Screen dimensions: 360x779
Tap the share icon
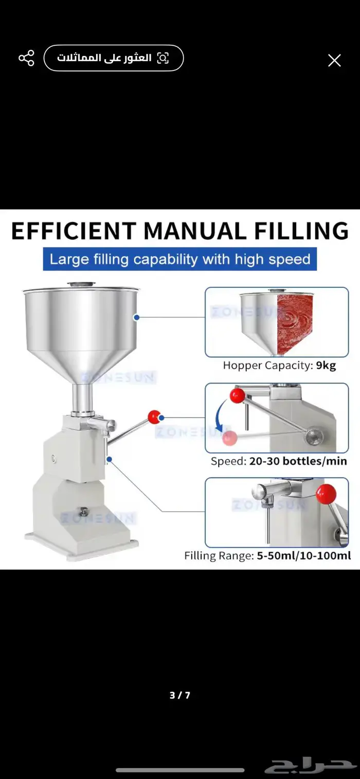coord(26,58)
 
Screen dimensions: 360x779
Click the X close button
coord(334,61)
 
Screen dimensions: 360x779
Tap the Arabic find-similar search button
coord(113,58)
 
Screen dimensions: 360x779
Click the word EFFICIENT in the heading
coord(74,230)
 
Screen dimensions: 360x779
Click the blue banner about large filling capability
coord(180,259)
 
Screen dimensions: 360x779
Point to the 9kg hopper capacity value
coord(326,366)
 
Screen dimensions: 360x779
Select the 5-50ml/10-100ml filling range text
coord(303,556)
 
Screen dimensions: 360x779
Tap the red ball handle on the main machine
coord(154,416)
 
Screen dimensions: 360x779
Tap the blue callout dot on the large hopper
coord(137,317)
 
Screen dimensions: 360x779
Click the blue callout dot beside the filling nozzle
coord(109,459)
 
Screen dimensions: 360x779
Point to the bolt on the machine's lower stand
coord(83,512)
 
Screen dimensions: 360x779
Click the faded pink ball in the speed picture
coord(229,438)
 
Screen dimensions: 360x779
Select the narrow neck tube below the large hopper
coord(83,398)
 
